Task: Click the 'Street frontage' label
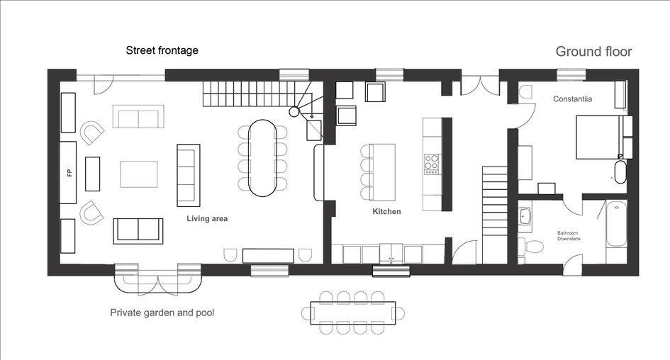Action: click(162, 50)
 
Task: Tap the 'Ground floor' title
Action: click(593, 52)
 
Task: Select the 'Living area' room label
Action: click(207, 219)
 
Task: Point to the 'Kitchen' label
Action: click(386, 211)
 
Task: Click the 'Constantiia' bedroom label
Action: click(573, 99)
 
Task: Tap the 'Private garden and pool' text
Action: click(162, 313)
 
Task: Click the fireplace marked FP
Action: click(68, 172)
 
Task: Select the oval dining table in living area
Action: click(262, 158)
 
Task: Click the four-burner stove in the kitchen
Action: click(432, 164)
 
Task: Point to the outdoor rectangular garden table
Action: click(353, 313)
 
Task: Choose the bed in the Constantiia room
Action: click(598, 137)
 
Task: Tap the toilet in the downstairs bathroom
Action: click(531, 247)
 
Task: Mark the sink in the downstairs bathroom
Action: click(525, 217)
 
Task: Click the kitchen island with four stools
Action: click(382, 172)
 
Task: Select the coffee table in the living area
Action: click(139, 174)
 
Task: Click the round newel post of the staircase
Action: click(294, 112)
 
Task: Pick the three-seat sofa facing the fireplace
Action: click(189, 176)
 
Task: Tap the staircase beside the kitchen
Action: click(495, 215)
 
